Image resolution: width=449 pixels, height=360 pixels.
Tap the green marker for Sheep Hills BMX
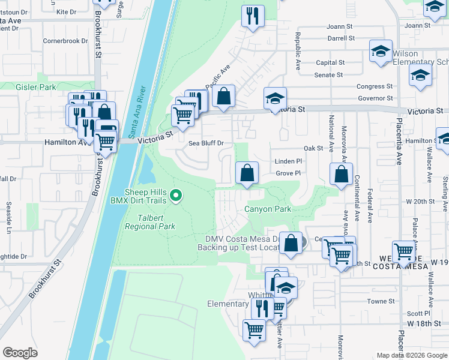pyautogui.click(x=176, y=195)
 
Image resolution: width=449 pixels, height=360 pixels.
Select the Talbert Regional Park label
pyautogui.click(x=150, y=222)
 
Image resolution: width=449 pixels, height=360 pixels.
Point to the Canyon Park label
pyautogui.click(x=267, y=209)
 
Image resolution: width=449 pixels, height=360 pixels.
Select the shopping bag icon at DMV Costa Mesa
pyautogui.click(x=291, y=243)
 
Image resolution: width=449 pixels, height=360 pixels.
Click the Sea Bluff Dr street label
pyautogui.click(x=206, y=143)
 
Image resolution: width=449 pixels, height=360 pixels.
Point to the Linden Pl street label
pyautogui.click(x=288, y=161)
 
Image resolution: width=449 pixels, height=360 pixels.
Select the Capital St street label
pyautogui.click(x=330, y=62)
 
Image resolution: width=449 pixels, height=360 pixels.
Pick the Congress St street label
pyautogui.click(x=374, y=86)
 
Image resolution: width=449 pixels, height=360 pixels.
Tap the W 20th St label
pyautogui.click(x=418, y=201)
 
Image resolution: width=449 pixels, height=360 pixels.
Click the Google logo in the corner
pyautogui.click(x=20, y=352)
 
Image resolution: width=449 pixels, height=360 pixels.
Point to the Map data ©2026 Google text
pyautogui.click(x=411, y=355)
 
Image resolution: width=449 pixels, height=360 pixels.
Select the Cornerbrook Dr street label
pyautogui.click(x=65, y=41)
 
